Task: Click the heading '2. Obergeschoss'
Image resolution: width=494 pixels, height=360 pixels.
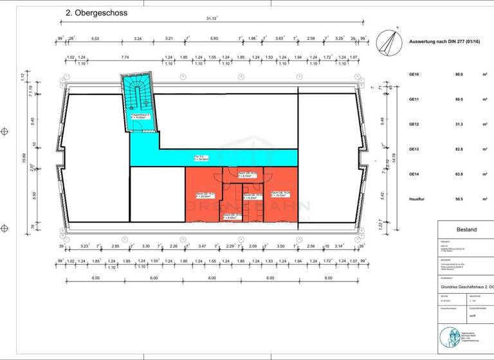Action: [96, 12]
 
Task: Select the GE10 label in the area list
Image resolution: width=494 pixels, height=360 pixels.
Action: [414, 75]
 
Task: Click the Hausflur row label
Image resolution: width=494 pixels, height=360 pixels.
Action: [417, 199]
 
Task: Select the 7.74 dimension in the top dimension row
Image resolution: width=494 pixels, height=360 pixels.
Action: [125, 58]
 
